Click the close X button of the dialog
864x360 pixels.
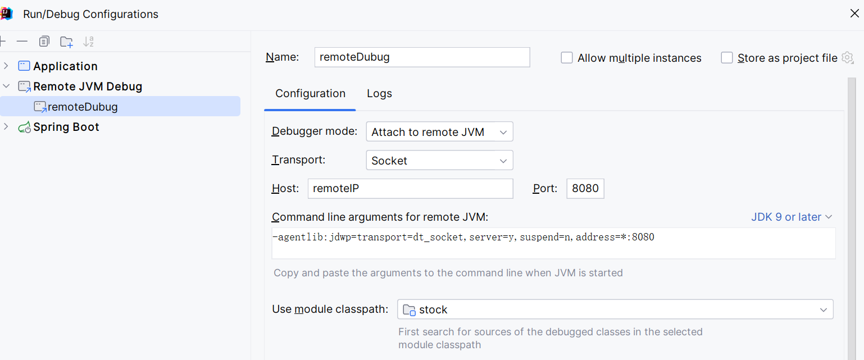(854, 13)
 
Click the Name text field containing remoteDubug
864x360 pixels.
(422, 57)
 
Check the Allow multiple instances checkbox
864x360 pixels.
(567, 58)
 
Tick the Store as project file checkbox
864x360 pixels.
(727, 58)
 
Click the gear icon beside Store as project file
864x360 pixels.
(847, 58)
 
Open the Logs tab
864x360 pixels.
(379, 93)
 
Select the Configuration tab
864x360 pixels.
(310, 93)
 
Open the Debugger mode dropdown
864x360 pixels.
(439, 132)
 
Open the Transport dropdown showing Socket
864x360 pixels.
(439, 160)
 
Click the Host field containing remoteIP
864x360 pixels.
(410, 189)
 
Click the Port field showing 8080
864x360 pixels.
(585, 189)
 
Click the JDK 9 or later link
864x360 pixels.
(791, 217)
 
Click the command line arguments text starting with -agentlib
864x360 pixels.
(463, 237)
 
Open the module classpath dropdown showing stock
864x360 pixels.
(615, 309)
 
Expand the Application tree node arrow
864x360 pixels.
(6, 66)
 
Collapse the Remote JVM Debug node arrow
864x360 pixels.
(6, 86)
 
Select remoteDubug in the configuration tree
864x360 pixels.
(83, 107)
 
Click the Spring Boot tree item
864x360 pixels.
(66, 127)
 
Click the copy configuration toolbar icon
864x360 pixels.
(44, 41)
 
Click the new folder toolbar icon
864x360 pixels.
(66, 42)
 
